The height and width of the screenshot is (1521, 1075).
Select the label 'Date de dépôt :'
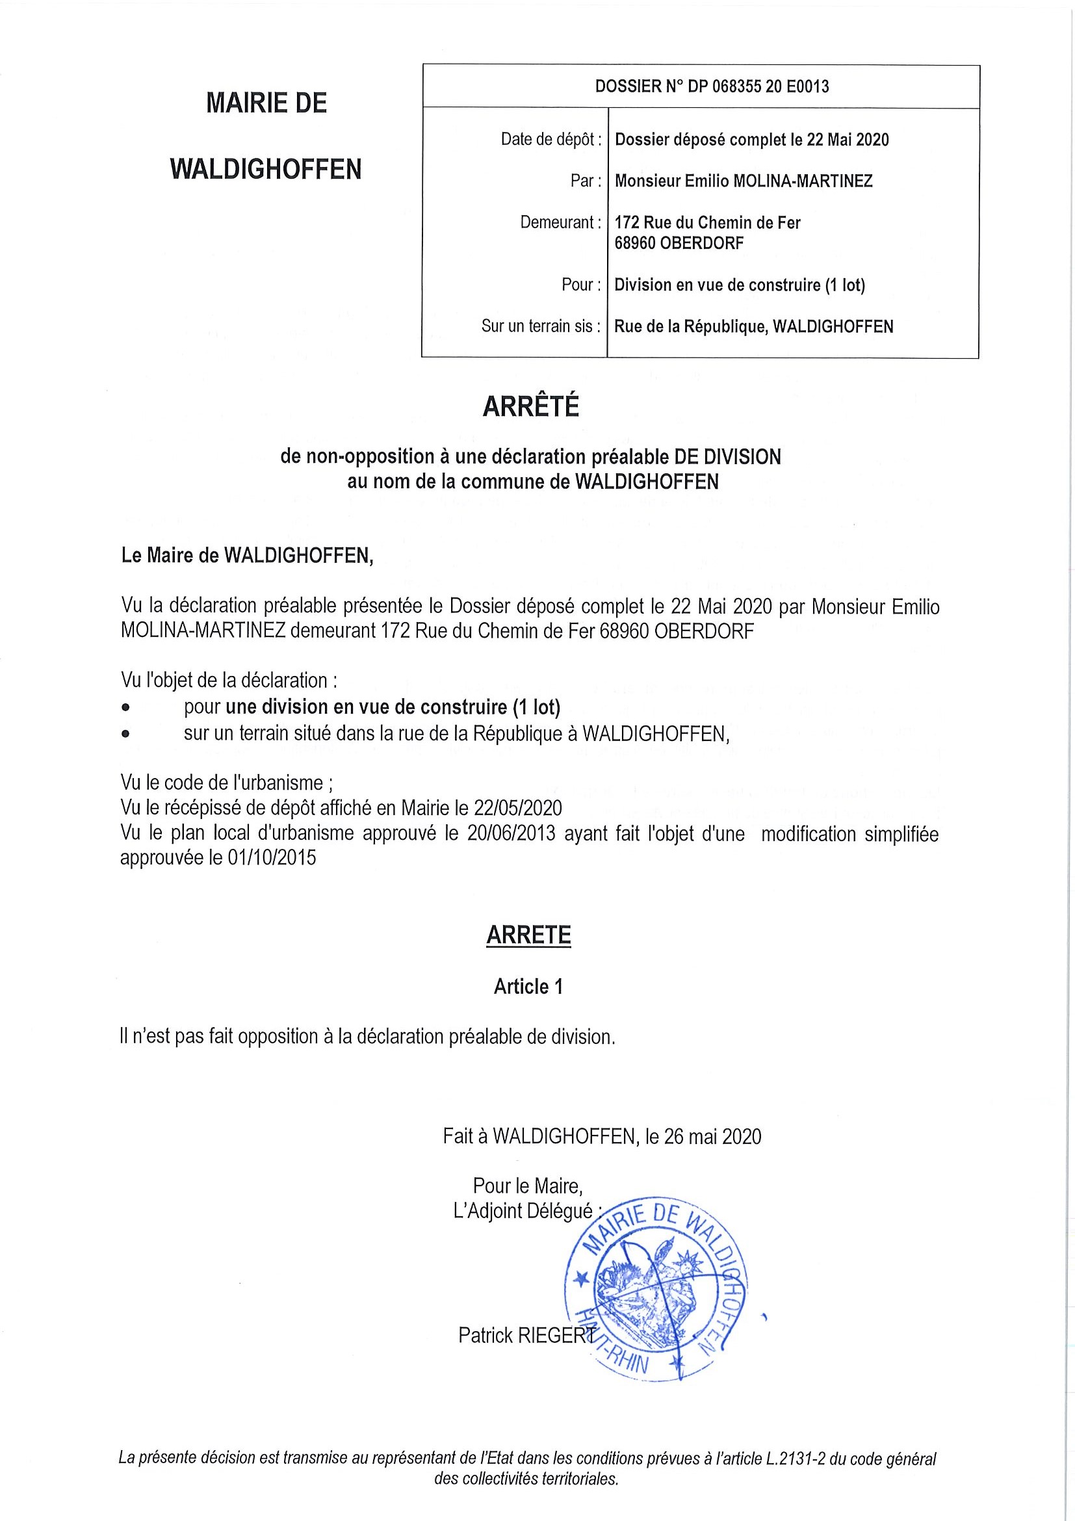point(551,140)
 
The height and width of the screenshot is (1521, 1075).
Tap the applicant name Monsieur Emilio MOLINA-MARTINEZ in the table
point(743,181)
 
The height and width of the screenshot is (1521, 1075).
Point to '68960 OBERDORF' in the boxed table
point(679,243)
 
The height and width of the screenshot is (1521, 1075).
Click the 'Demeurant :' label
point(560,222)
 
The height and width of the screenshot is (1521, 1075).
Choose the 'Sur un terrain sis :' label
point(541,326)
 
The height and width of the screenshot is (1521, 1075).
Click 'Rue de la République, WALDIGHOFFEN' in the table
point(754,326)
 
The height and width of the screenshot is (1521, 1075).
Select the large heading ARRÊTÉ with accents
point(530,407)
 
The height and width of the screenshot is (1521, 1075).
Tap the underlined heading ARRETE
point(528,935)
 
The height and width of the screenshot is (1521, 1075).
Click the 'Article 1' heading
point(528,987)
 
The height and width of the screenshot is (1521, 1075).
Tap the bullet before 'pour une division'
point(126,708)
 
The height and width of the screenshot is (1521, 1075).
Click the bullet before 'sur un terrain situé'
point(126,734)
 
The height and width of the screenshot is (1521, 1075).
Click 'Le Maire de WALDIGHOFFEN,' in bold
point(247,556)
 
